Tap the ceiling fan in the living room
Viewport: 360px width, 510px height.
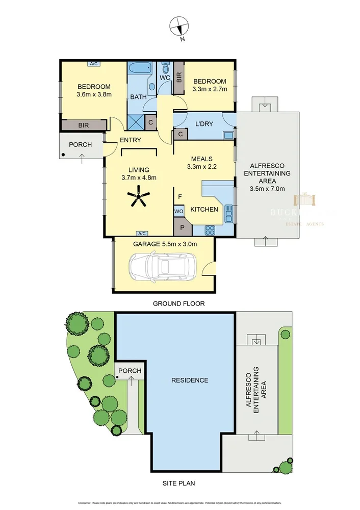(139, 196)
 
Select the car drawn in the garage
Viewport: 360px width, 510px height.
(162, 266)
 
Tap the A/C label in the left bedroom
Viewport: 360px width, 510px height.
(94, 64)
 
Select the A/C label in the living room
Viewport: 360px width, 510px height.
(141, 233)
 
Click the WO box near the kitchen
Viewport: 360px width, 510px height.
(178, 211)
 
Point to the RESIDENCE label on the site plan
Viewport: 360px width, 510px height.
(189, 380)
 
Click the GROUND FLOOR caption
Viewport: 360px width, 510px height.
(179, 303)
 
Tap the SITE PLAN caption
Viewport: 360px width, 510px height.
(179, 482)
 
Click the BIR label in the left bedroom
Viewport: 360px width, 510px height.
(84, 125)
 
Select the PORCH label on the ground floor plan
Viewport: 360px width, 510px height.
(81, 144)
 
